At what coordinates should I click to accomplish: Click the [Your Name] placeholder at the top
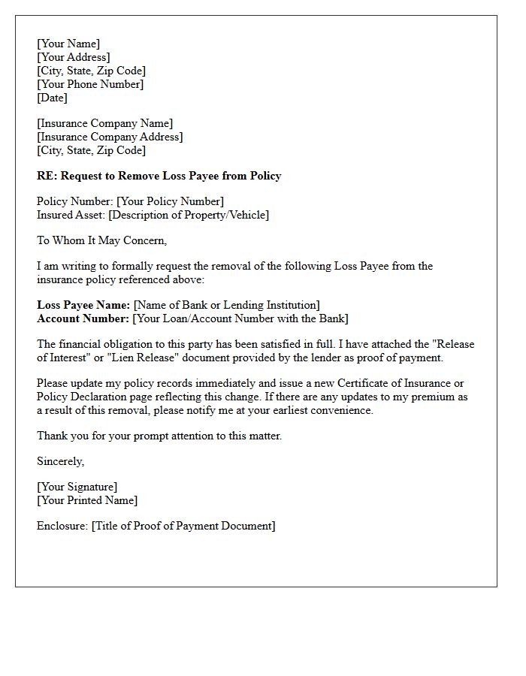pyautogui.click(x=68, y=44)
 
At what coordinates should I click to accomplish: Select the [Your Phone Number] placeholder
pyautogui.click(x=90, y=84)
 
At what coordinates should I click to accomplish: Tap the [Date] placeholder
pyautogui.click(x=52, y=98)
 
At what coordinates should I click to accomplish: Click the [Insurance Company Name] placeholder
pyautogui.click(x=104, y=123)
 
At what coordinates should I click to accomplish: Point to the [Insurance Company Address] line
pyautogui.click(x=110, y=137)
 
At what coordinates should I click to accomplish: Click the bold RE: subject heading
pyautogui.click(x=159, y=176)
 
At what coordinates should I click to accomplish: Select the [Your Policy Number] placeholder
pyautogui.click(x=170, y=201)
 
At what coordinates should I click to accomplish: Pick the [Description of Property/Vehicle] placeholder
pyautogui.click(x=189, y=215)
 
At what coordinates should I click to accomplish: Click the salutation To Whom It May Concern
pyautogui.click(x=101, y=240)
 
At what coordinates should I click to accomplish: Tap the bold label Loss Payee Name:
pyautogui.click(x=83, y=305)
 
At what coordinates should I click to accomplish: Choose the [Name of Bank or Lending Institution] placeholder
pyautogui.click(x=226, y=305)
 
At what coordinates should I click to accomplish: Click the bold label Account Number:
pyautogui.click(x=83, y=318)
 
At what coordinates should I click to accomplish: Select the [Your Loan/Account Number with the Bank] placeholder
pyautogui.click(x=240, y=318)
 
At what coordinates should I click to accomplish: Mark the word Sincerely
pyautogui.click(x=60, y=461)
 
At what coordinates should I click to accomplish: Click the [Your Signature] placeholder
pyautogui.click(x=77, y=487)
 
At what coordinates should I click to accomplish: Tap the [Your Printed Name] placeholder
pyautogui.click(x=87, y=500)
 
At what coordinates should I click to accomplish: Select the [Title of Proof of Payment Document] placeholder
pyautogui.click(x=183, y=526)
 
